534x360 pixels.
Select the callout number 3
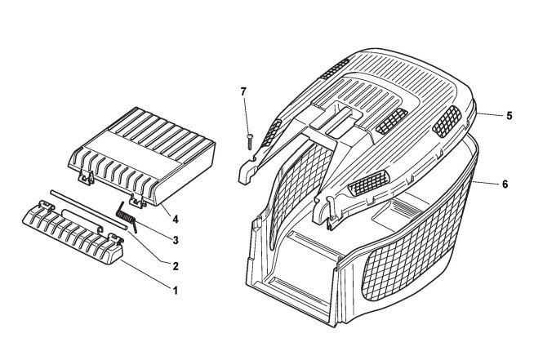pos(173,240)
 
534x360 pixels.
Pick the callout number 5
pos(508,116)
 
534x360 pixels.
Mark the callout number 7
pos(243,90)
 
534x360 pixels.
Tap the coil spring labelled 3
pos(127,217)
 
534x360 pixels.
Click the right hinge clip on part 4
pos(146,197)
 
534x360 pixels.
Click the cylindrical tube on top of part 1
pos(78,218)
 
